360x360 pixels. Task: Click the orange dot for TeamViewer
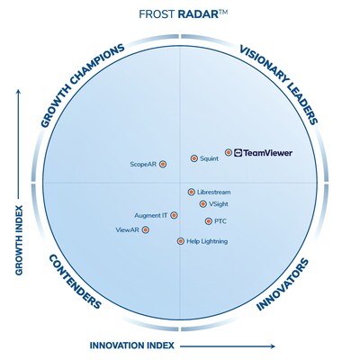coord(229,152)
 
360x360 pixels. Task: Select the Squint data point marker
coord(194,158)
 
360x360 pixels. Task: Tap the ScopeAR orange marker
coord(163,164)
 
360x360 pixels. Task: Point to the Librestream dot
coord(192,192)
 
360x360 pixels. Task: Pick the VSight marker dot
coord(203,204)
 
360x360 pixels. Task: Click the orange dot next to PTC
coord(209,221)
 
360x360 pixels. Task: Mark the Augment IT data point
coord(174,215)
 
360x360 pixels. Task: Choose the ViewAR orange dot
coord(146,229)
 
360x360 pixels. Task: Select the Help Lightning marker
coord(181,241)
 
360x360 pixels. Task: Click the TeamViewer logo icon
coord(238,153)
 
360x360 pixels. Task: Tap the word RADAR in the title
coord(198,14)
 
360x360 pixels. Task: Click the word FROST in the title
coord(157,14)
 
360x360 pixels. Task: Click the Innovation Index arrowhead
coord(272,346)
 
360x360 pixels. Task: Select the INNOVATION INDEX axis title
coord(132,346)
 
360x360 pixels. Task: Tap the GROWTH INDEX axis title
coord(19,240)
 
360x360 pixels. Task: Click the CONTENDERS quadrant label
coord(75,281)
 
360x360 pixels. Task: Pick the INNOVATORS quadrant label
coord(283,284)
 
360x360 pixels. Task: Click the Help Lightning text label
coord(207,241)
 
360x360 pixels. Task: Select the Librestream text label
coord(214,192)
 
